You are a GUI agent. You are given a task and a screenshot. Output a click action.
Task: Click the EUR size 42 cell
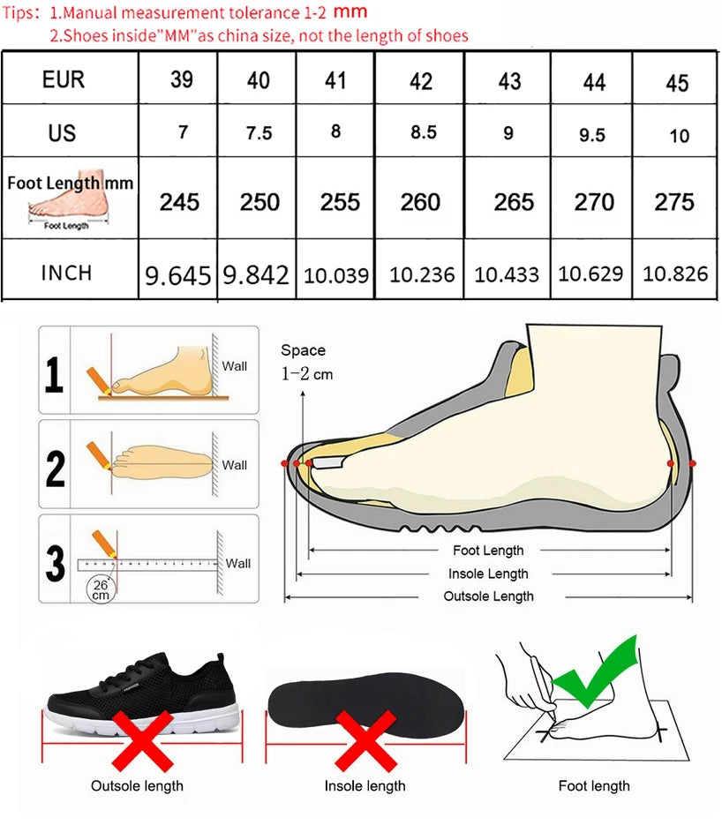pyautogui.click(x=421, y=81)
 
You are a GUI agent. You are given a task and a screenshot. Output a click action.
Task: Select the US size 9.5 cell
pyautogui.click(x=591, y=135)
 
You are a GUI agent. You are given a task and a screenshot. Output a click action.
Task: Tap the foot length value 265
pyautogui.click(x=514, y=202)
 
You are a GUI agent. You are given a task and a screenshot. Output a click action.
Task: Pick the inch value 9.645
pyautogui.click(x=178, y=276)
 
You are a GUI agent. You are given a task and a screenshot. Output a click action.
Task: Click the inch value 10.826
pyautogui.click(x=675, y=274)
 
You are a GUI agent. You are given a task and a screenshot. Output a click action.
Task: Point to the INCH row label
pyautogui.click(x=66, y=273)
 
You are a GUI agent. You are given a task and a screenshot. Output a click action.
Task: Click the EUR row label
pyautogui.click(x=64, y=79)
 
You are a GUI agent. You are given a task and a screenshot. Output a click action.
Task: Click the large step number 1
pyautogui.click(x=54, y=374)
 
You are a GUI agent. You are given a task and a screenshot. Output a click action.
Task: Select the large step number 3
pyautogui.click(x=55, y=563)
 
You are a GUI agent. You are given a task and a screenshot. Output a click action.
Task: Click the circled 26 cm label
pyautogui.click(x=101, y=589)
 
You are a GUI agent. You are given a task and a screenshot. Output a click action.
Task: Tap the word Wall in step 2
pyautogui.click(x=235, y=465)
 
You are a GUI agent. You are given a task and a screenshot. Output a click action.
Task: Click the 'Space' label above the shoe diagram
pyautogui.click(x=303, y=349)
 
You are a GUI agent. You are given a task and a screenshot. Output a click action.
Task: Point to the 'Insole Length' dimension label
pyautogui.click(x=488, y=574)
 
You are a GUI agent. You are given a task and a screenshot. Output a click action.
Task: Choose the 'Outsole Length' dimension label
pyautogui.click(x=488, y=596)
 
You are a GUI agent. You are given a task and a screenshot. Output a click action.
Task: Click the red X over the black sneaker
pyautogui.click(x=143, y=741)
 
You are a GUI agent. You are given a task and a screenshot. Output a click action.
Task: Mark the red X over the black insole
pyautogui.click(x=365, y=741)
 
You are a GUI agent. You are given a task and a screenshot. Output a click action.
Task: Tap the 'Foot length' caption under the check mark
pyautogui.click(x=594, y=786)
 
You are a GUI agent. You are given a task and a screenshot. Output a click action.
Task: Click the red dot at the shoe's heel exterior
pyautogui.click(x=693, y=463)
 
